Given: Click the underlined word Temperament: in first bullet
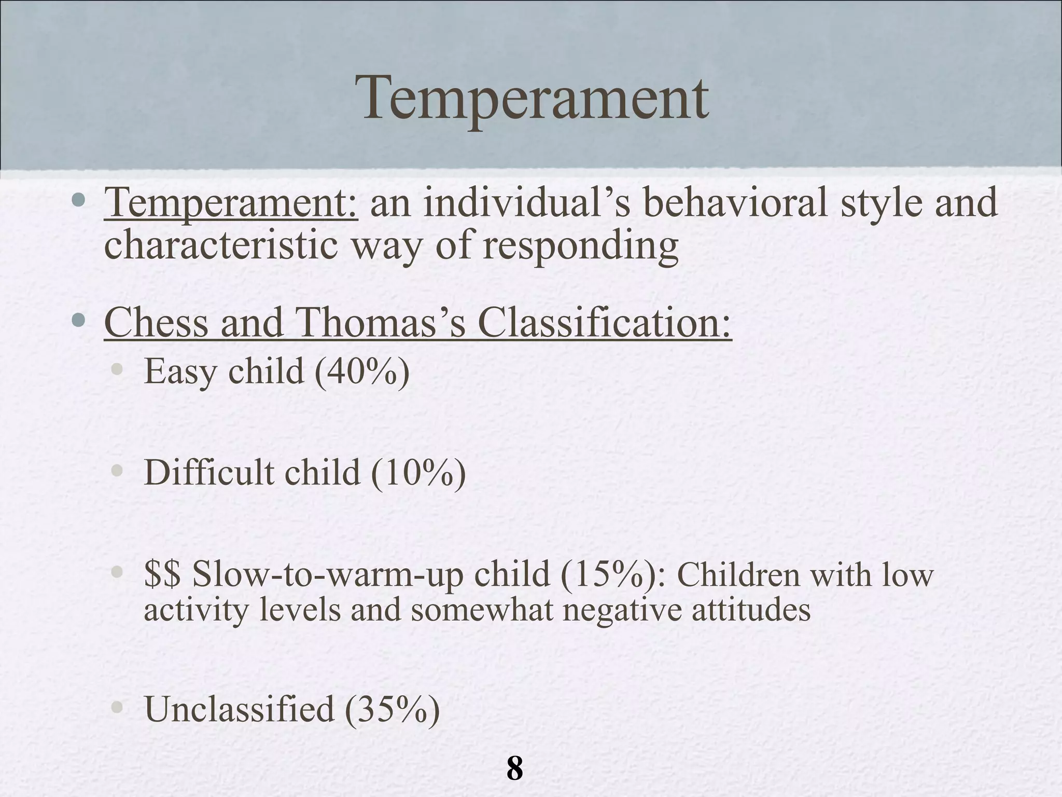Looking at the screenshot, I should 231,203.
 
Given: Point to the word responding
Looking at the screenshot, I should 580,246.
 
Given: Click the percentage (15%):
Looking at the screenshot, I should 612,575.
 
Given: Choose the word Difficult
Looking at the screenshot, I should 208,473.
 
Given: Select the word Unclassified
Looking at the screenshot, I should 239,709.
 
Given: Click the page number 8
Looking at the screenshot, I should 514,768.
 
